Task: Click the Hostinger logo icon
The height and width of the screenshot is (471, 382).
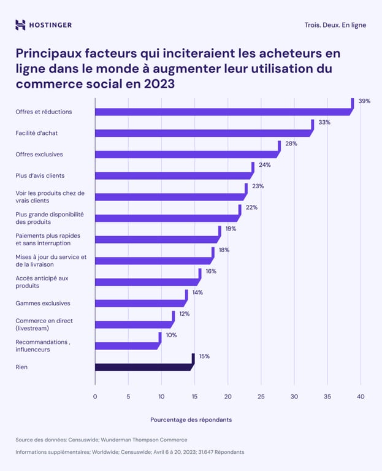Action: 20,25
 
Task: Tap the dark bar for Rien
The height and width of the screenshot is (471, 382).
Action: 143,367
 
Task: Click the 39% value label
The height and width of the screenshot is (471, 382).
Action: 364,101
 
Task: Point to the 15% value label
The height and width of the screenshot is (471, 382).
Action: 203,356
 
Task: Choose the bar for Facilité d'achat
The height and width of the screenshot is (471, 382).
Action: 202,133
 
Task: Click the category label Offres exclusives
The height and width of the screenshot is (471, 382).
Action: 39,154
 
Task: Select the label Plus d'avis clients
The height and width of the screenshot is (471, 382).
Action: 40,175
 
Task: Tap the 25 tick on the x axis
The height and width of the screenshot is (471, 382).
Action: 261,397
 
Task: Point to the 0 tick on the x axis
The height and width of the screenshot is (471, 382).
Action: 95,397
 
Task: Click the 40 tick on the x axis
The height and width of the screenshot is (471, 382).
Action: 360,397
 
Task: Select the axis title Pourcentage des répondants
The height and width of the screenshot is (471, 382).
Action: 191,420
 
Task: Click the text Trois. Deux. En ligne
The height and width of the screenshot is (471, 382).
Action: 335,25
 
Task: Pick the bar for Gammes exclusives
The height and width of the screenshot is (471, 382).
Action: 140,303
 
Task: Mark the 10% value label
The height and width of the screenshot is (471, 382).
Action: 170,335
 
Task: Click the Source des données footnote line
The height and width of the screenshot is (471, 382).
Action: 101,440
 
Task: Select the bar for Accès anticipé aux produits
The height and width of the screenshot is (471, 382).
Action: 147,281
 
